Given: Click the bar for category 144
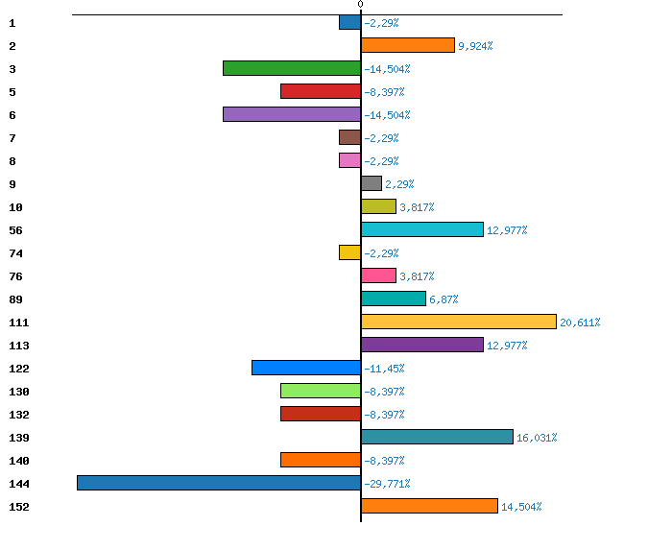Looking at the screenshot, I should pyautogui.click(x=219, y=483).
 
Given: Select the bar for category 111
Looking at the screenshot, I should pyautogui.click(x=459, y=322).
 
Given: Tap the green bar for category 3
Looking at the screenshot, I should pyautogui.click(x=292, y=68).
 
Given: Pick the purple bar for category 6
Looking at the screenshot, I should pyautogui.click(x=292, y=114).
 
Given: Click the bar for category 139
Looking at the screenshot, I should pyautogui.click(x=437, y=437).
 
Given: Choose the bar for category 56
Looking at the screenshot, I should pyautogui.click(x=422, y=229).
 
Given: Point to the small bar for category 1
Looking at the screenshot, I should pyautogui.click(x=349, y=22).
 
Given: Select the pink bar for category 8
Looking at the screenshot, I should pyautogui.click(x=349, y=160).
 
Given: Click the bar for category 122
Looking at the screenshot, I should pyautogui.click(x=306, y=368).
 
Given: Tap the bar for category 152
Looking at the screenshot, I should pyautogui.click(x=429, y=506).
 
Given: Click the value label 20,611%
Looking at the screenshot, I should pyautogui.click(x=580, y=323).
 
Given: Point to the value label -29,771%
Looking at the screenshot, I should pyautogui.click(x=387, y=484).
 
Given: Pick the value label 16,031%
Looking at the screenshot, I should pyautogui.click(x=537, y=438).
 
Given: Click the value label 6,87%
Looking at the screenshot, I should pyautogui.click(x=444, y=299).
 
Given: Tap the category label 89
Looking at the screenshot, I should pyautogui.click(x=15, y=299).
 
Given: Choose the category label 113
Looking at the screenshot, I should pyautogui.click(x=19, y=346).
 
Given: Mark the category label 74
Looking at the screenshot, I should pyautogui.click(x=15, y=253).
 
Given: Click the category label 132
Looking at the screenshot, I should pyautogui.click(x=19, y=415).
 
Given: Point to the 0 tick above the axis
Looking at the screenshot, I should pyautogui.click(x=360, y=6).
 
